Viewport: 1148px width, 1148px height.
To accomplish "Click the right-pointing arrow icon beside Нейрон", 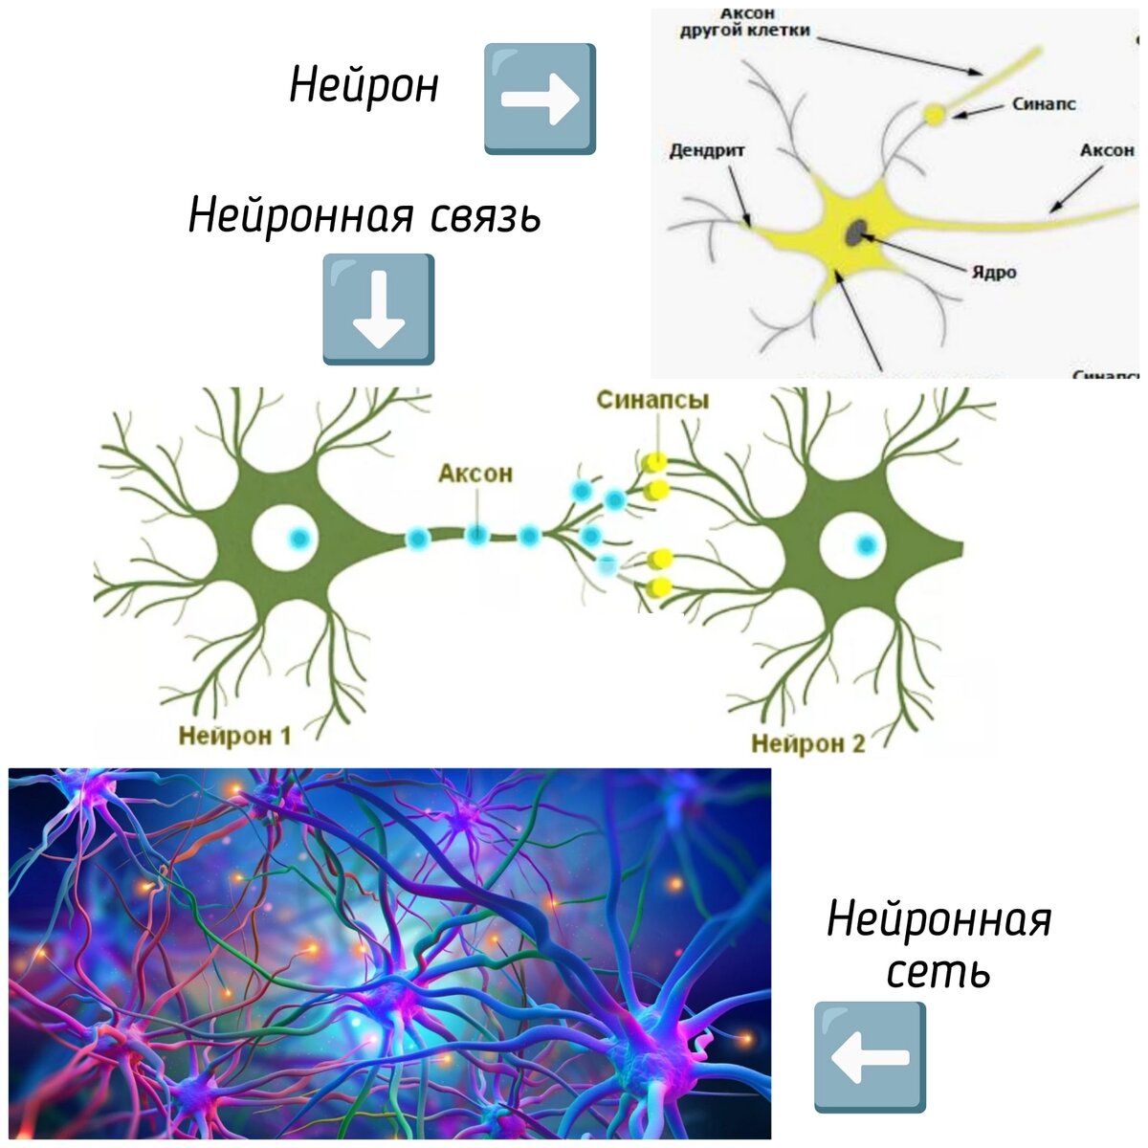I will point(540,98).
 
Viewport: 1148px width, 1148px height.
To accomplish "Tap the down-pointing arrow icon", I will point(379,309).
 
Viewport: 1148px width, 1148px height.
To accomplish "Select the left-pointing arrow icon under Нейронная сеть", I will point(870,1057).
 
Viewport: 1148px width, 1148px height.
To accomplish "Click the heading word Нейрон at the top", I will point(364,86).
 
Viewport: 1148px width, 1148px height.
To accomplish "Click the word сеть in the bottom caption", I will point(938,972).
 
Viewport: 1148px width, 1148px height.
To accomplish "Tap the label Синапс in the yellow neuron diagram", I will point(1044,104).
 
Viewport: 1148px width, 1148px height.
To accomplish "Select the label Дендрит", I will point(706,151).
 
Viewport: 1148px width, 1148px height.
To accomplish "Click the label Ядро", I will point(994,273).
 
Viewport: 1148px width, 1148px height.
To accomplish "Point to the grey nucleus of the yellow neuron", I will point(857,231).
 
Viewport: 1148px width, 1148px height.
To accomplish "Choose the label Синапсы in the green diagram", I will point(652,400).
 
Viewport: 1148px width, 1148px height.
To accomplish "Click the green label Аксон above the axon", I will point(475,473).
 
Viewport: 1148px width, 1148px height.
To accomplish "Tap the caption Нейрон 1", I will point(234,735).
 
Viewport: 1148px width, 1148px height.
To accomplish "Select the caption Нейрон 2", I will point(808,743).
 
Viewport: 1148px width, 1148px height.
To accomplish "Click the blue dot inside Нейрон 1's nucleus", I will point(298,539).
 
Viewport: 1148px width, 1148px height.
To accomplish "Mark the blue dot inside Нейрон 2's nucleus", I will point(866,545).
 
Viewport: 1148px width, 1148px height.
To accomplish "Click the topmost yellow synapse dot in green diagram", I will point(654,462).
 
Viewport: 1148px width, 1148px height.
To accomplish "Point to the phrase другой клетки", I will point(744,30).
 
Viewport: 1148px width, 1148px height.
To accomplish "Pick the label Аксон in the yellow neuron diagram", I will point(1107,150).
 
